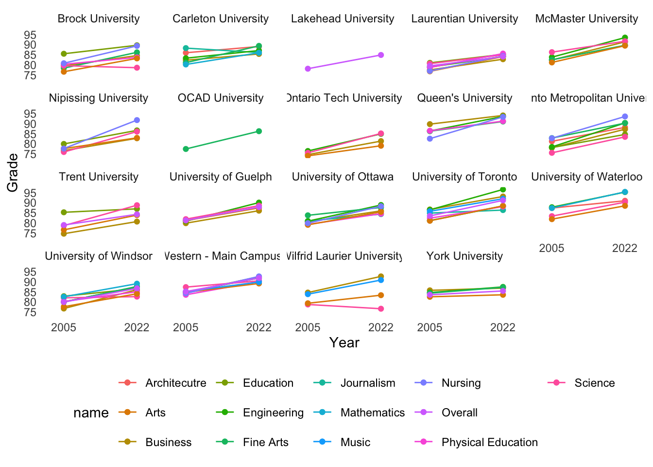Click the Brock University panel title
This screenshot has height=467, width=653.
pos(99,19)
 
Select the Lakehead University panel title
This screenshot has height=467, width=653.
pos(343,19)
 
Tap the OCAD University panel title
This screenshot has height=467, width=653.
pos(221,98)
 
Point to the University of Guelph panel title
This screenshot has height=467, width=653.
pos(221,177)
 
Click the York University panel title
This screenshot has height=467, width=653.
pos(464,256)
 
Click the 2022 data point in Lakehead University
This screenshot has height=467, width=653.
pos(381,55)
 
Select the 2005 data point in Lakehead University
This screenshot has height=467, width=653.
pos(308,69)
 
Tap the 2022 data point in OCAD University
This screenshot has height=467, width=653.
pos(259,131)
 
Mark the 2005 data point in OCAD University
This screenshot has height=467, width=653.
pos(186,149)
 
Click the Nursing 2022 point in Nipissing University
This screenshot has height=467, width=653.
pos(137,120)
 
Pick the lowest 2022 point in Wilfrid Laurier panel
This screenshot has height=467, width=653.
pos(381,309)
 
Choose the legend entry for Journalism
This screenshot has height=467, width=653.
pos(368,383)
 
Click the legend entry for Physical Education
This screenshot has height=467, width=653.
pos(489,443)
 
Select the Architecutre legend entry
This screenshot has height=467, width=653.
pos(175,383)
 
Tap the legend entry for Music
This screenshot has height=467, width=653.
pos(355,443)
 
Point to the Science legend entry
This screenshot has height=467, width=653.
pos(594,383)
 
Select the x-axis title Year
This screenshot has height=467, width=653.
pos(344,343)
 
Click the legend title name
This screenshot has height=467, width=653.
pos(91,413)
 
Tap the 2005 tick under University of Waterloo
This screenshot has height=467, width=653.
pos(551,249)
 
